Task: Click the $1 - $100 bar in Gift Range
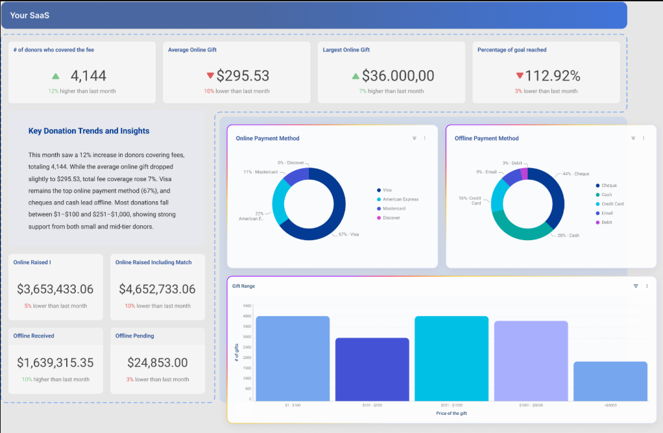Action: [293, 358]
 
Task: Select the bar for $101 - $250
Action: [372, 369]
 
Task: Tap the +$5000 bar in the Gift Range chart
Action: [610, 381]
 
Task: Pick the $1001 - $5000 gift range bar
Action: [531, 361]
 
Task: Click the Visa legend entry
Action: [387, 190]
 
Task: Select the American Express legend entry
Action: [400, 199]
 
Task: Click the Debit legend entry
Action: [607, 222]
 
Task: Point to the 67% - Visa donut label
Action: [346, 234]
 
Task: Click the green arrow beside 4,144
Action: [56, 77]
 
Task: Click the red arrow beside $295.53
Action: [210, 76]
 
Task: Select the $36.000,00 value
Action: [398, 76]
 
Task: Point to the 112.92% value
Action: [552, 76]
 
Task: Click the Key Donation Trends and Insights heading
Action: [89, 131]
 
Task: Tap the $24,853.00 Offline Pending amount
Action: [158, 363]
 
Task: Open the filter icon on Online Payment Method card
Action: [415, 138]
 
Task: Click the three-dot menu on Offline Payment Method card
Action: [644, 138]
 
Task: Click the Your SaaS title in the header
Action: [30, 15]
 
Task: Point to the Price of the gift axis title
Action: [451, 414]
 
